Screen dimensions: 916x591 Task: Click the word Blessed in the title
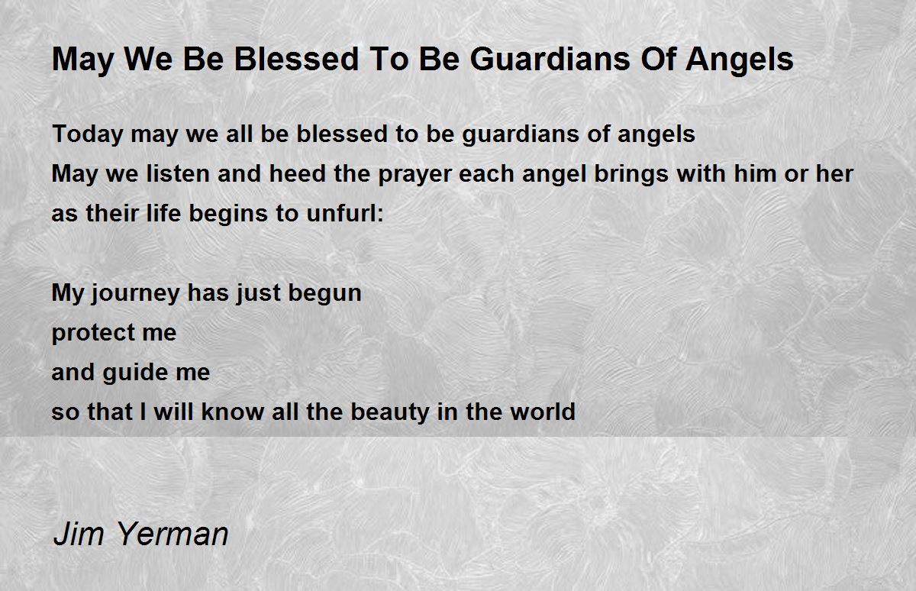[296, 59]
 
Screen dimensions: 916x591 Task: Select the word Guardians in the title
[543, 59]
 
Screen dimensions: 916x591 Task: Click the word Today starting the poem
[88, 135]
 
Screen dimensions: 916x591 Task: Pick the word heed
[297, 173]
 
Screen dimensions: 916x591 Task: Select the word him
[755, 173]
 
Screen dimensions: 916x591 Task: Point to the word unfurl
[342, 213]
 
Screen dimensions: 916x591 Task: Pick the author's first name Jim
[79, 534]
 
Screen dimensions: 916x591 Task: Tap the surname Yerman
[173, 534]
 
